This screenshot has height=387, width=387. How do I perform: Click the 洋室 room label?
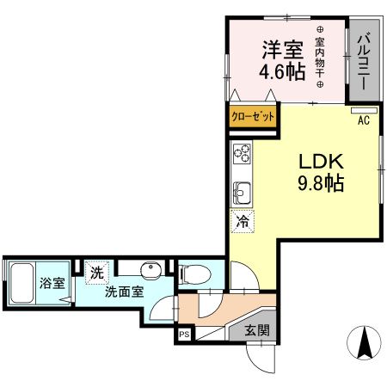pos(283,49)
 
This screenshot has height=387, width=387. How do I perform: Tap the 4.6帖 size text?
pos(283,72)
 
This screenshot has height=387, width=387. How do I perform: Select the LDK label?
pos(322,162)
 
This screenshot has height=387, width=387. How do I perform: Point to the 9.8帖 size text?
pos(322,183)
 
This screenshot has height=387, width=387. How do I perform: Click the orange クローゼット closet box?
pos(252,116)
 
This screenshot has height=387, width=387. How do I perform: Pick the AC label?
pos(364,120)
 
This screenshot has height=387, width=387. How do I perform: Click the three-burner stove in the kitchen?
pos(241,156)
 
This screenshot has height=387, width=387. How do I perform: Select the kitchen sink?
pos(241,190)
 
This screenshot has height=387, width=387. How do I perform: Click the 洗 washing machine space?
pos(98,271)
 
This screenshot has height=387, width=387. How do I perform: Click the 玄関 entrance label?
pos(255,330)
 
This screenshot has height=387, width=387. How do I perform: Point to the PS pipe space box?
pos(184,335)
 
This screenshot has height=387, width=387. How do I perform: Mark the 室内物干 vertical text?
pos(320,60)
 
